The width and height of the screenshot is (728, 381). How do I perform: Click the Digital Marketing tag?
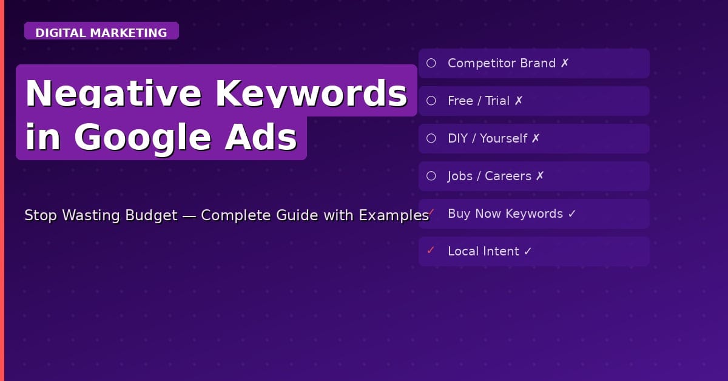[101, 33]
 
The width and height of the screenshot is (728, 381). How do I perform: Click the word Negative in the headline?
[114, 93]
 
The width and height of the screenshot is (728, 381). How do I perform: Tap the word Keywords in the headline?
[311, 93]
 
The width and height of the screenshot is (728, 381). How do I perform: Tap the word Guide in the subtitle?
[312, 215]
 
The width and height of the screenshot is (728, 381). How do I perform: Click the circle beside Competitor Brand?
[431, 63]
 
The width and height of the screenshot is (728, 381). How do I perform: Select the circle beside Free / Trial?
[431, 101]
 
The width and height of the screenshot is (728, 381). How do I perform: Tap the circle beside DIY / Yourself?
[431, 138]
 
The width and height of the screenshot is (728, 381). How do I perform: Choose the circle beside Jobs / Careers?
[431, 176]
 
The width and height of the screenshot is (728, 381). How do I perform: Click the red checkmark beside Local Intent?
[431, 250]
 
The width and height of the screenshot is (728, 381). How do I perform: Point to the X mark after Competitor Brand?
[565, 63]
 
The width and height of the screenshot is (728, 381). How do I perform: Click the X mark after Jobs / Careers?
[540, 176]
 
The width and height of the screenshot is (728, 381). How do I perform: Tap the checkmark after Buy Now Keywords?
[572, 214]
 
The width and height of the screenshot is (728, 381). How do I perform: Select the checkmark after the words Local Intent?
[527, 251]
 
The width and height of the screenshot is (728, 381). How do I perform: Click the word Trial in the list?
[497, 101]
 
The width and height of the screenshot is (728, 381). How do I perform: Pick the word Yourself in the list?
[504, 138]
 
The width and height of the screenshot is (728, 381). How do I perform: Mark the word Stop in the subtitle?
[41, 215]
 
